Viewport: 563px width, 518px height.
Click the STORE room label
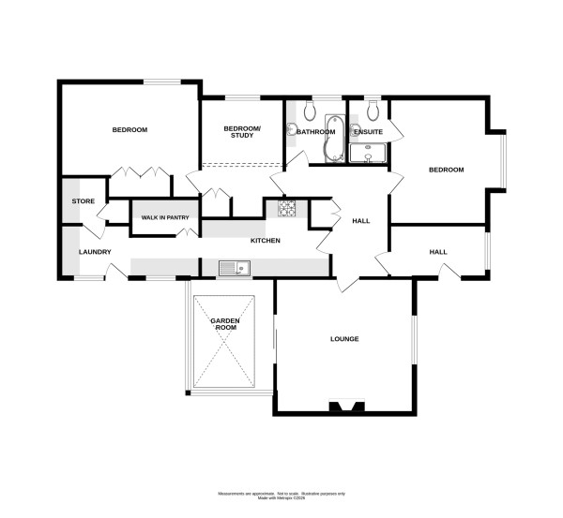[83, 201]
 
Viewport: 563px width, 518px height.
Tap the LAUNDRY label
[95, 252]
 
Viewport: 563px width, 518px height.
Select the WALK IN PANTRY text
[164, 218]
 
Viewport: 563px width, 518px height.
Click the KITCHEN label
[265, 241]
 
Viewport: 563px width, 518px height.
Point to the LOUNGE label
[344, 338]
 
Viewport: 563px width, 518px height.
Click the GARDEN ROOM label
[224, 324]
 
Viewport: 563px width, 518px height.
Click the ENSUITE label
[368, 132]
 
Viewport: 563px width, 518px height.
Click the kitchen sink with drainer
[233, 269]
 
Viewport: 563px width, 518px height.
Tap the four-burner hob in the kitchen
[286, 207]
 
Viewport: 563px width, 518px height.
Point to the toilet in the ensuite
[373, 111]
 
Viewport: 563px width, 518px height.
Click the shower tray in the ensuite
[368, 153]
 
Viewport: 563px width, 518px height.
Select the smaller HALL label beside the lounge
[438, 251]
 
